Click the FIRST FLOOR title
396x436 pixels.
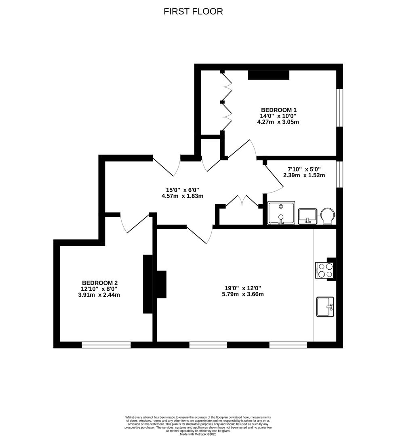tap(193, 11)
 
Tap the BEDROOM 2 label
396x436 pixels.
tap(99, 283)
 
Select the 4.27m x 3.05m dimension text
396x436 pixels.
tap(278, 122)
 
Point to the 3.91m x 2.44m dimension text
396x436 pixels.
tap(99, 295)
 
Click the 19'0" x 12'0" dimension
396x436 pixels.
tap(243, 288)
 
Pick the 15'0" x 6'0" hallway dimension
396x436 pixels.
tap(183, 190)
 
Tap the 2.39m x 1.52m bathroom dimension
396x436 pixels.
tap(304, 175)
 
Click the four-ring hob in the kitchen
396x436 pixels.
tap(324, 270)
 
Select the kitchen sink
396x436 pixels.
tap(325, 307)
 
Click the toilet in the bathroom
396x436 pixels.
tap(327, 216)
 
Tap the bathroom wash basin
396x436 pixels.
tap(308, 216)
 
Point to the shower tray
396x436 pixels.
tap(281, 213)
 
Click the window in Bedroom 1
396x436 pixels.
tap(340, 108)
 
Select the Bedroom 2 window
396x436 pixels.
tap(106, 345)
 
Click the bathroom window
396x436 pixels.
tap(340, 174)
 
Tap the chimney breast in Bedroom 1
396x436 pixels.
tap(269, 75)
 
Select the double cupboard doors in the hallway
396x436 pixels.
tap(242, 201)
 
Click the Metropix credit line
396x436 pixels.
tap(198, 434)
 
